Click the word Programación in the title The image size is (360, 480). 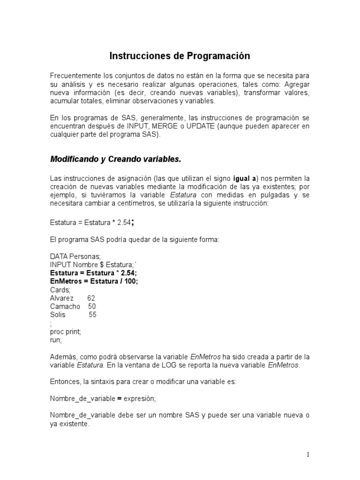click(x=219, y=56)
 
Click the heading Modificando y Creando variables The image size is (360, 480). click(x=115, y=159)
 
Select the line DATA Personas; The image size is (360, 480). click(x=75, y=256)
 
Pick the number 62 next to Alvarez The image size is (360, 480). click(x=91, y=298)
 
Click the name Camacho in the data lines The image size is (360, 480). click(x=65, y=307)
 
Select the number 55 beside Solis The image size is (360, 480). click(x=92, y=315)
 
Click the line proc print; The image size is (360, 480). click(x=65, y=332)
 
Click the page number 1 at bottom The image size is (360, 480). click(x=308, y=454)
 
